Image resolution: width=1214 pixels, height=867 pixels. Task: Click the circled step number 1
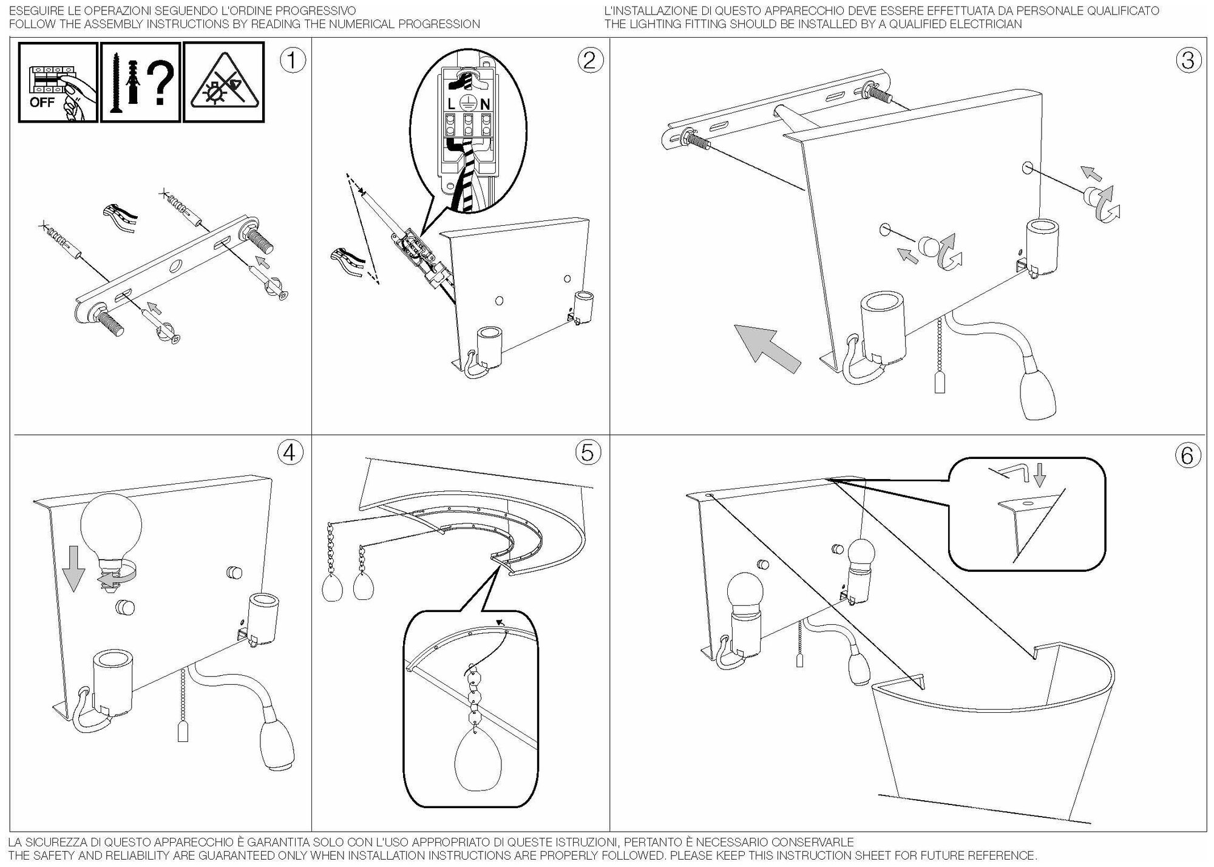point(293,61)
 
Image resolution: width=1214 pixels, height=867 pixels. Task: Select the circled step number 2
point(590,61)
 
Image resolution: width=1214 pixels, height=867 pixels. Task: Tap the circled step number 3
point(1188,61)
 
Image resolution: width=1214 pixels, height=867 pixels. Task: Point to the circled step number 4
point(290,452)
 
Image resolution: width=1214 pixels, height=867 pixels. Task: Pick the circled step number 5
point(588,452)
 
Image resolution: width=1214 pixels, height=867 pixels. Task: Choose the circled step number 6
point(1187,455)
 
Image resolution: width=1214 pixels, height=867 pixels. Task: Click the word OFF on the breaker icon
point(41,102)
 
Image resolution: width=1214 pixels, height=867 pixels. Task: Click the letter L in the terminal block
point(451,104)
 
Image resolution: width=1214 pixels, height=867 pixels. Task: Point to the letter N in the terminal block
point(485,104)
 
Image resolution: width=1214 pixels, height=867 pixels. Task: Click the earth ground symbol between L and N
point(468,103)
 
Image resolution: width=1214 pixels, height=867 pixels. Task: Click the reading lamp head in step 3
point(1040,395)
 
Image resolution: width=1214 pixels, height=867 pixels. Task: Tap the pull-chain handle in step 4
point(183,733)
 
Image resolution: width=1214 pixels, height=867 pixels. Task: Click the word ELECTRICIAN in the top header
point(985,24)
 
